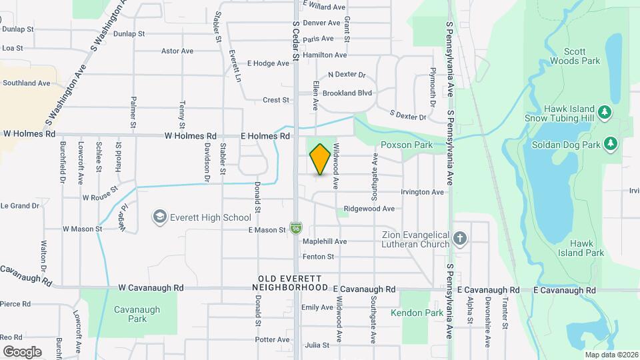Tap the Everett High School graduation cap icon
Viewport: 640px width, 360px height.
point(159,217)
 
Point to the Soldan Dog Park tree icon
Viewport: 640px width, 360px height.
point(610,144)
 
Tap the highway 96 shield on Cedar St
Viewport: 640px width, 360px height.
point(295,229)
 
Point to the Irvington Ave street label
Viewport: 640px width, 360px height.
point(422,192)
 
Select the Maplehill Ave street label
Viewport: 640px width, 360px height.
point(325,241)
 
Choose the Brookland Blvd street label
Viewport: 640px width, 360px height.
point(347,93)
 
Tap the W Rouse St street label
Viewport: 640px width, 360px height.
point(100,197)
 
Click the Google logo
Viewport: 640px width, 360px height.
point(22,351)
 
